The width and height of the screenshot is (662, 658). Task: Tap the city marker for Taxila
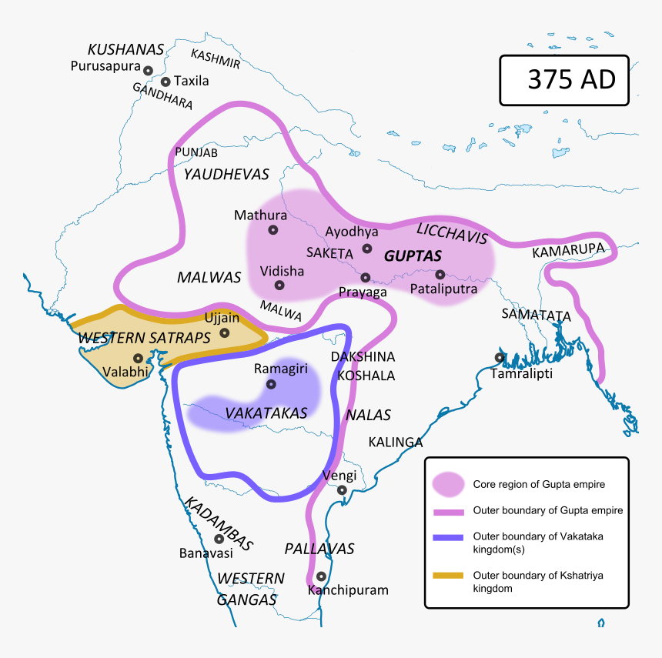point(165,81)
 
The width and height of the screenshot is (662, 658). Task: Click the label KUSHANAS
point(126,49)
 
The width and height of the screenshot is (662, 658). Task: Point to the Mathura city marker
point(272,229)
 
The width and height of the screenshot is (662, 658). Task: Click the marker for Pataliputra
point(440,274)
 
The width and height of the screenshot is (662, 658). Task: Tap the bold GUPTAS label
point(413,256)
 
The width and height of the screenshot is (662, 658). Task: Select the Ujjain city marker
point(224,332)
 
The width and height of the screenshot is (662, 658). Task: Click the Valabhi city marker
point(137,358)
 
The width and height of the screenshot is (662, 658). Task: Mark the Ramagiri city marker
point(270,383)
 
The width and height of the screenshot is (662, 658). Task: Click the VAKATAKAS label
point(266,413)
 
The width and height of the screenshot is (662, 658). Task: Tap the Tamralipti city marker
point(500,357)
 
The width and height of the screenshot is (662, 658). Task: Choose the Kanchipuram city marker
point(321,576)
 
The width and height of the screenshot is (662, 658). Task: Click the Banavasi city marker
point(219,539)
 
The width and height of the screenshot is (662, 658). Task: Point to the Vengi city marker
point(342,489)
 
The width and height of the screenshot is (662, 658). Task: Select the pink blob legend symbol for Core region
point(448,484)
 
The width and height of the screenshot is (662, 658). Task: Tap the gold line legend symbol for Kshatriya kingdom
point(448,575)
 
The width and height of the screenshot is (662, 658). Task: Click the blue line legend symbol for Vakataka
point(448,538)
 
